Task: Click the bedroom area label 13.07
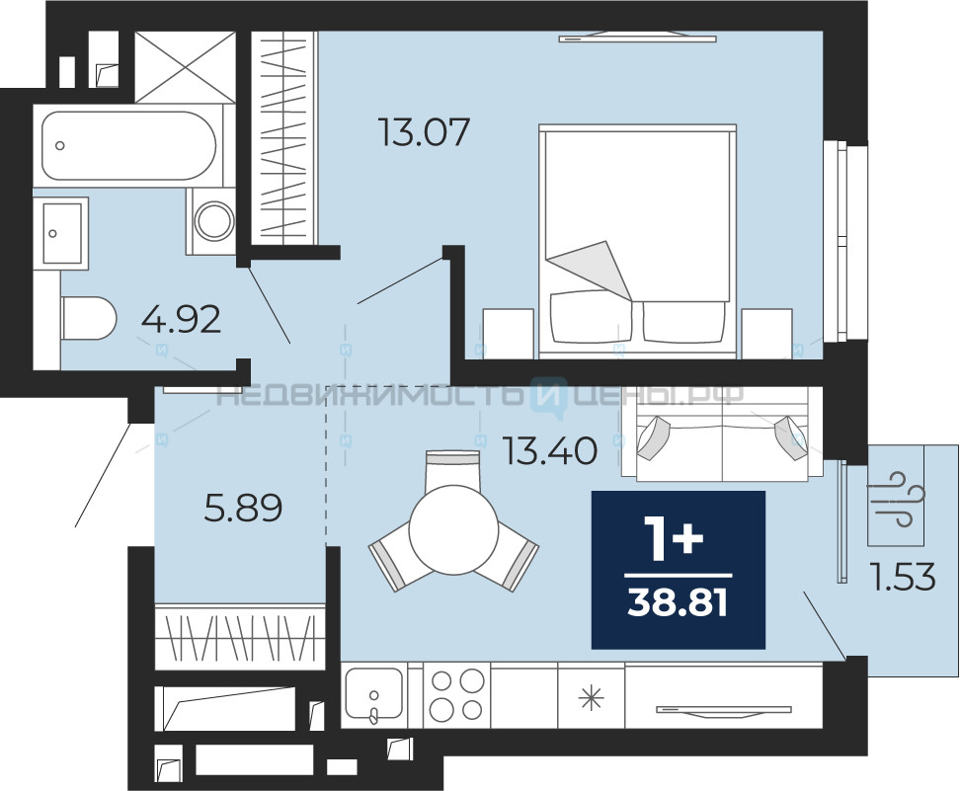[x=425, y=132]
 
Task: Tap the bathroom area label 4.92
[x=181, y=319]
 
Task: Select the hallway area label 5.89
[x=243, y=509]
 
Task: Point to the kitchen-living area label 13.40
[x=550, y=450]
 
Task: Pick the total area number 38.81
[x=678, y=603]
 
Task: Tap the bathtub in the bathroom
[x=128, y=146]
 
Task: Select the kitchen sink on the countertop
[x=374, y=694]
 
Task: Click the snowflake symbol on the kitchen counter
[x=591, y=698]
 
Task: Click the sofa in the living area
[x=722, y=435]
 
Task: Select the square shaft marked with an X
[x=185, y=66]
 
